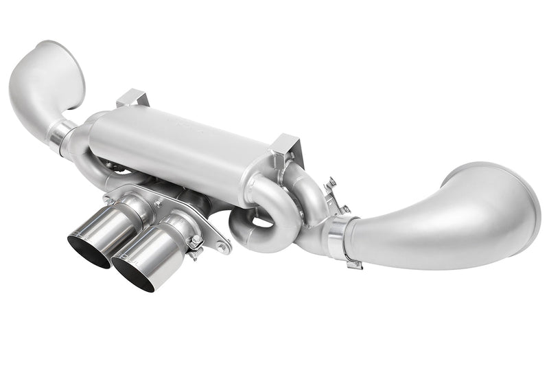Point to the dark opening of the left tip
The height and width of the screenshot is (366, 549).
click(x=89, y=251)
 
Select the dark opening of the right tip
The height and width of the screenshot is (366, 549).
click(x=133, y=275)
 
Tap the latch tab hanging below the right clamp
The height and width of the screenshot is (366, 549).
click(x=353, y=263)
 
